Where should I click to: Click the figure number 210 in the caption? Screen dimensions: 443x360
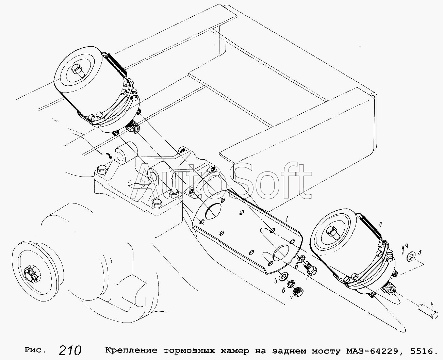[x=70, y=350]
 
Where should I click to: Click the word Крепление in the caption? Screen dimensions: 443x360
[x=131, y=350]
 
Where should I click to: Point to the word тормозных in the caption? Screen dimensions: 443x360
[x=188, y=350]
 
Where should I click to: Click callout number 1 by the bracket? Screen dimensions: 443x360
[x=287, y=218]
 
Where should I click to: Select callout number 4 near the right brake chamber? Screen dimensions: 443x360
[x=380, y=225]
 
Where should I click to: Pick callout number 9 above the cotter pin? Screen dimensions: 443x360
[x=406, y=246]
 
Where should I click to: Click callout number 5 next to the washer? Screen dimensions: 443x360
[x=420, y=253]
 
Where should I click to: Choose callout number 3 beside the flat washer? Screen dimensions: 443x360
[x=275, y=281]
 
